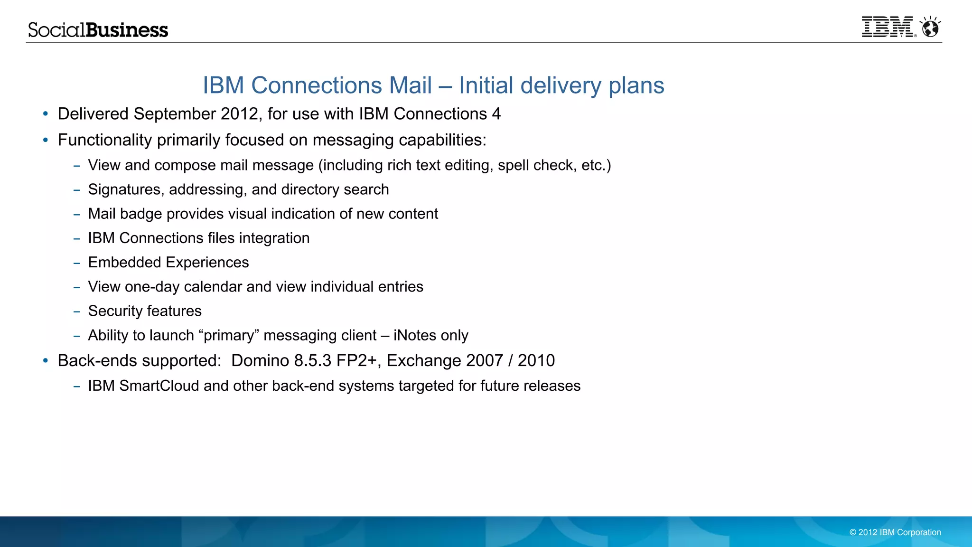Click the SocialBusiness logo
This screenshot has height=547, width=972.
pos(98,30)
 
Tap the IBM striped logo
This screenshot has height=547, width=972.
pos(887,27)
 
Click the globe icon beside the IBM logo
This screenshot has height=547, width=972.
pos(930,28)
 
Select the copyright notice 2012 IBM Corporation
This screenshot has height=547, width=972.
pos(895,532)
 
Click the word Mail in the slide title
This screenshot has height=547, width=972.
pos(411,85)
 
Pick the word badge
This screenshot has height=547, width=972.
pos(141,214)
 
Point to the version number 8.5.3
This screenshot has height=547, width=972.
pos(312,361)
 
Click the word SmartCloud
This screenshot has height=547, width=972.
pos(159,386)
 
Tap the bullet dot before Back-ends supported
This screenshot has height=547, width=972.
pos(46,361)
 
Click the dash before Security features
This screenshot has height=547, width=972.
pos(76,311)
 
